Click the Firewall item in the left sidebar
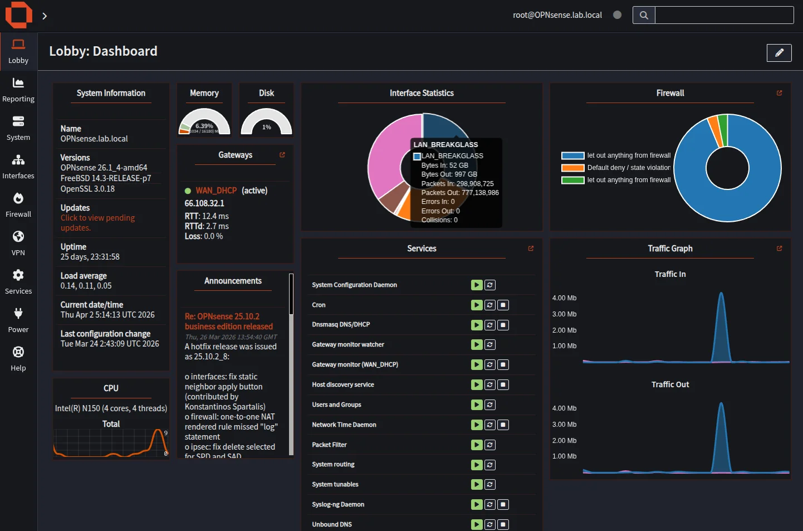18,204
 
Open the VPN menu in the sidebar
18,243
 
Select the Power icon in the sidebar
18,320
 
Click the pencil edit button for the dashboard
779,52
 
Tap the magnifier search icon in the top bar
644,15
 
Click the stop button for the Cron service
503,305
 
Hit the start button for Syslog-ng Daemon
477,504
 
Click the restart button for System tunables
490,484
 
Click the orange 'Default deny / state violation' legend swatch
572,168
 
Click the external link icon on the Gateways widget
282,155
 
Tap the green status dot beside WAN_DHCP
188,191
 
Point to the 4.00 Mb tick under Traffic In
564,298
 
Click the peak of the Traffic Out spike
721,403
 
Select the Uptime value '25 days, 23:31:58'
90,257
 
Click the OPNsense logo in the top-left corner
18,14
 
